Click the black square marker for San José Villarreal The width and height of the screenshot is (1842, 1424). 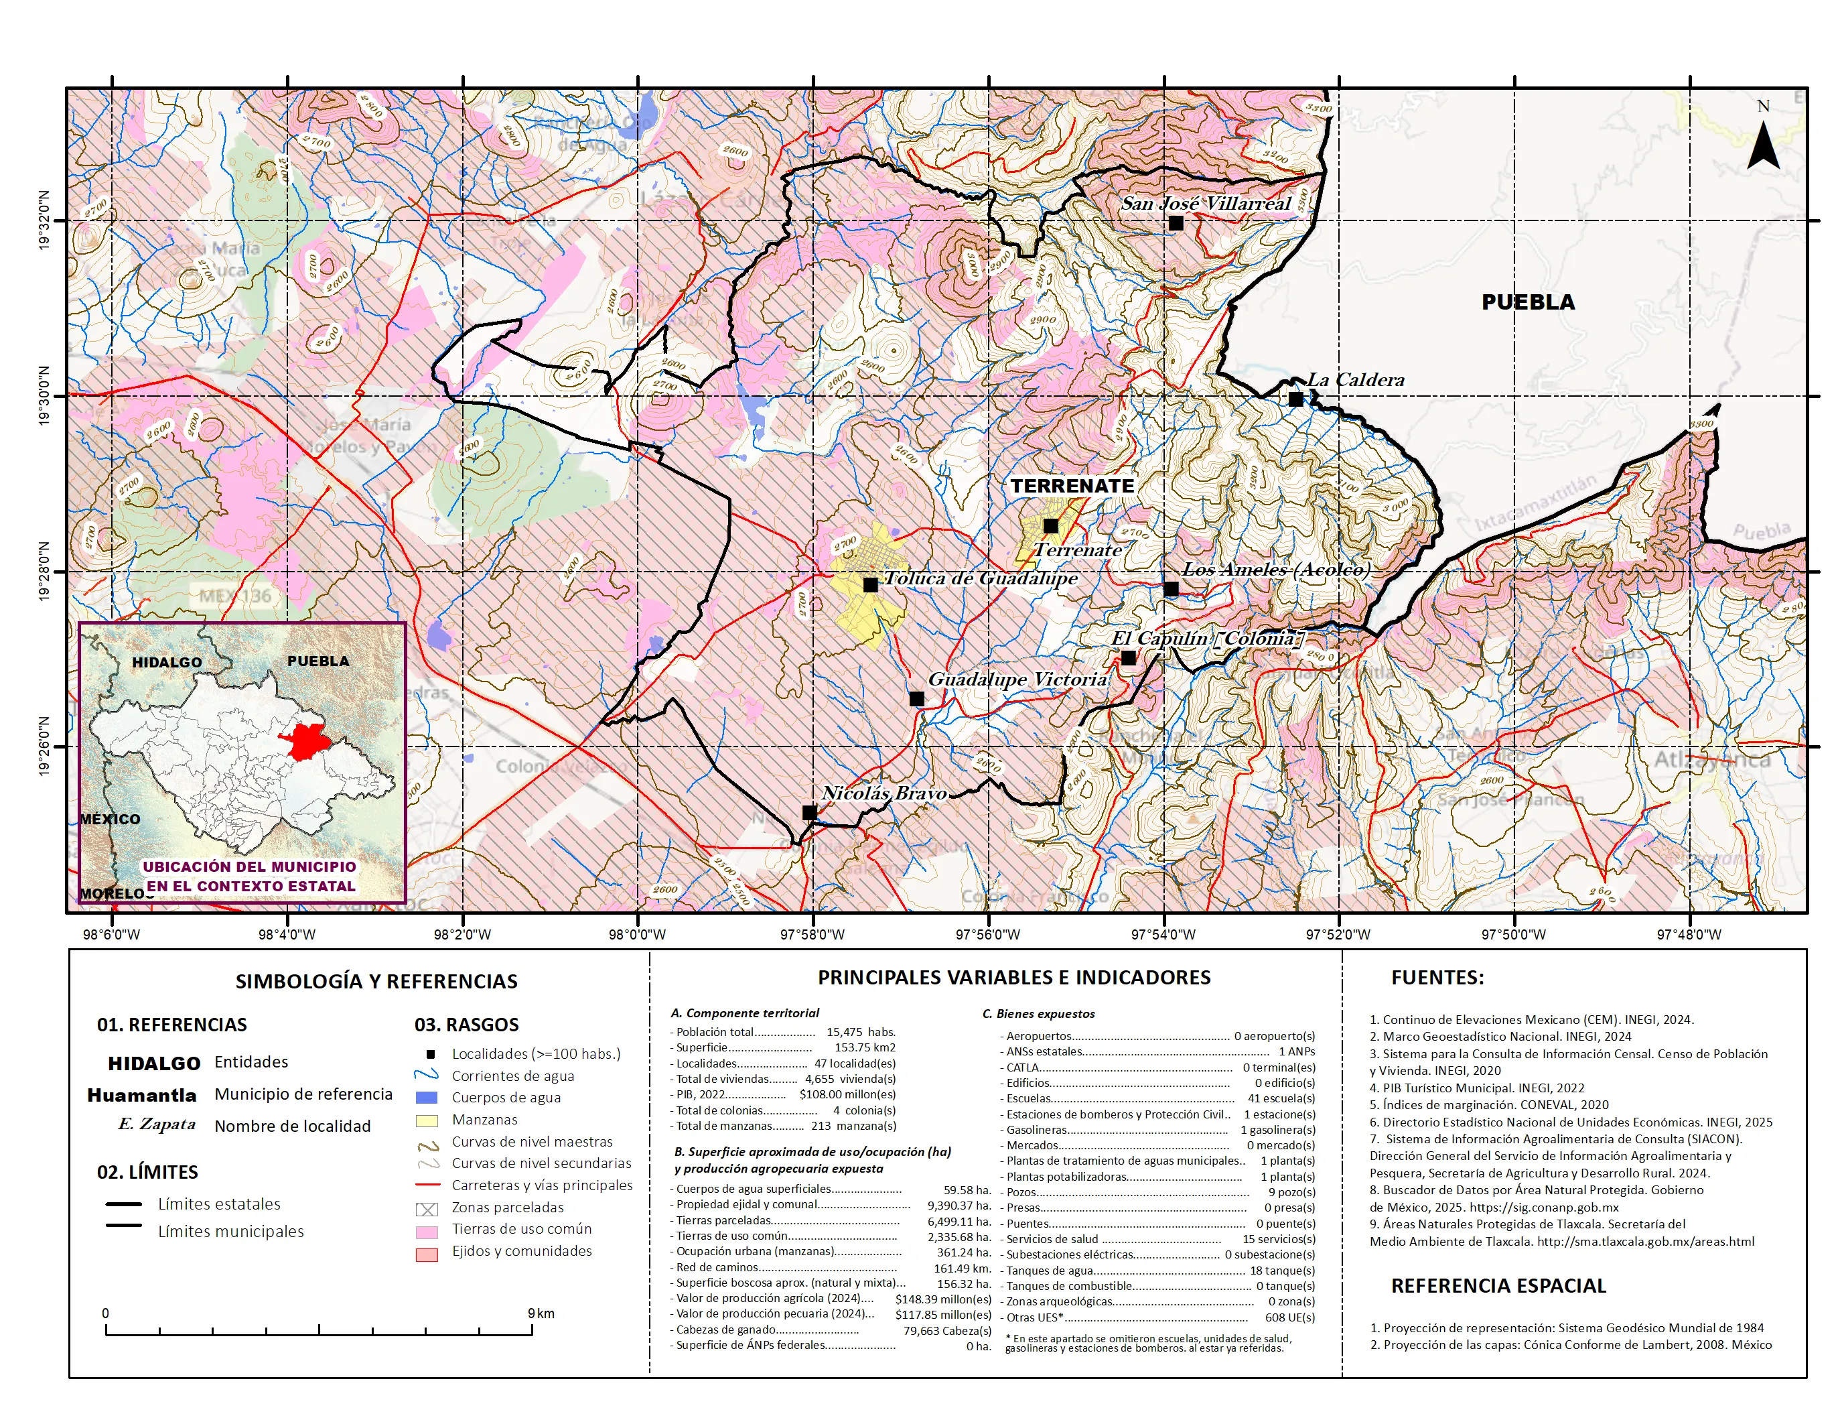click(x=1176, y=224)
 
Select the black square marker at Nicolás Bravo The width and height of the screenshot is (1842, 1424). click(x=809, y=812)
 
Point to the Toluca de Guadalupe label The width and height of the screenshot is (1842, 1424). click(x=981, y=579)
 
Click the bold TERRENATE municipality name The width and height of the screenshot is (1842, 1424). click(x=1072, y=486)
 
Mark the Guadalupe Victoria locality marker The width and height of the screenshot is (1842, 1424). click(x=917, y=698)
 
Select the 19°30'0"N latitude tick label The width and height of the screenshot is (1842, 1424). click(x=44, y=397)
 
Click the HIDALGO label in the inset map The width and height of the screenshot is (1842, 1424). click(x=167, y=662)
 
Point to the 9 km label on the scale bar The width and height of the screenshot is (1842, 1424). click(x=541, y=1313)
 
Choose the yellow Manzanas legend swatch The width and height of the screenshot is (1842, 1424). click(x=427, y=1120)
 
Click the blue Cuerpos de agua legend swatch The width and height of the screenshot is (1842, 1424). click(x=427, y=1098)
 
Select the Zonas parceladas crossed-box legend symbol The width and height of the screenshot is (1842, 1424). click(x=427, y=1209)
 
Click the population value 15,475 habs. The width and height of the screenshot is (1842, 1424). click(x=860, y=1032)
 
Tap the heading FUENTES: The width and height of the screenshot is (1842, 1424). click(x=1437, y=978)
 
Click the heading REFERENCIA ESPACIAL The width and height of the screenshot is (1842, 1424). click(x=1498, y=1286)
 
